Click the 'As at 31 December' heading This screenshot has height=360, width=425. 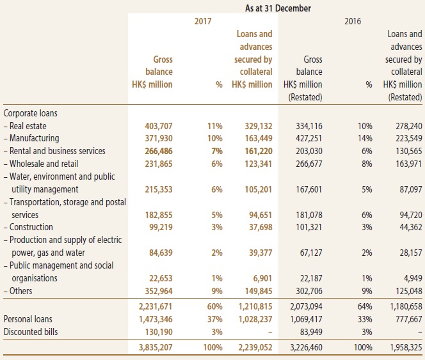pyautogui.click(x=278, y=8)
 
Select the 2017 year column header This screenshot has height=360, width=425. pyautogui.click(x=203, y=21)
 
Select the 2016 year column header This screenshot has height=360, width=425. pyautogui.click(x=353, y=21)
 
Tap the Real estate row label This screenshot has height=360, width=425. pyautogui.click(x=25, y=126)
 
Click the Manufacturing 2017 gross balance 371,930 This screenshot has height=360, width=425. pyautogui.click(x=159, y=138)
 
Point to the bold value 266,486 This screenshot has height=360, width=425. pyautogui.click(x=159, y=151)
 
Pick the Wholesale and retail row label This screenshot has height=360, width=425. pyautogui.click(x=41, y=164)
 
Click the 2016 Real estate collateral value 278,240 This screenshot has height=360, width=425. pyautogui.click(x=408, y=126)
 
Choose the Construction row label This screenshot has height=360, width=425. pyautogui.click(x=28, y=227)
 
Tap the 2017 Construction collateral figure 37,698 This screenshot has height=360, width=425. pyautogui.click(x=261, y=227)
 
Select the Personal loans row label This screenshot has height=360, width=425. pyautogui.click(x=28, y=319)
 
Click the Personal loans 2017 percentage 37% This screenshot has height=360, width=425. pyautogui.click(x=214, y=319)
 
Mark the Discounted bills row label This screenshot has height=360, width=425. pyautogui.click(x=31, y=332)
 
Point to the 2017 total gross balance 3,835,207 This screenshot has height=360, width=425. pyautogui.click(x=156, y=347)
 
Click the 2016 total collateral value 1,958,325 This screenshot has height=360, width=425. pyautogui.click(x=406, y=347)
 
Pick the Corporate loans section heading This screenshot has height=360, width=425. pyautogui.click(x=30, y=113)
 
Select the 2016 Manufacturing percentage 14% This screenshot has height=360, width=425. pyautogui.click(x=365, y=138)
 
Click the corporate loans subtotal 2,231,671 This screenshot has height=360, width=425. pyautogui.click(x=156, y=306)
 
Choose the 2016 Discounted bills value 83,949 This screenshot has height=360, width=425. pyautogui.click(x=311, y=332)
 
